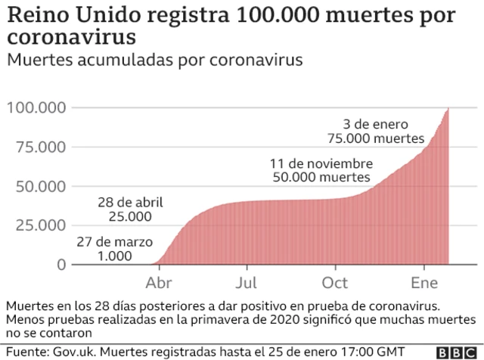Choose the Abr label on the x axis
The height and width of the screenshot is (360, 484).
(159, 283)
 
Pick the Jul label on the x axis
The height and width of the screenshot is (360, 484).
(247, 283)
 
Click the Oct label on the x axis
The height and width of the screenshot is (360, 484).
(335, 283)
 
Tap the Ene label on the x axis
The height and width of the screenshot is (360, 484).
(424, 283)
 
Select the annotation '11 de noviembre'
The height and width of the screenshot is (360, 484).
(321, 163)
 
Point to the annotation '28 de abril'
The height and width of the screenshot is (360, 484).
(131, 203)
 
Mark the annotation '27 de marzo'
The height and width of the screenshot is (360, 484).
(115, 242)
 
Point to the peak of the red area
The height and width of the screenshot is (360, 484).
(448, 109)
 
